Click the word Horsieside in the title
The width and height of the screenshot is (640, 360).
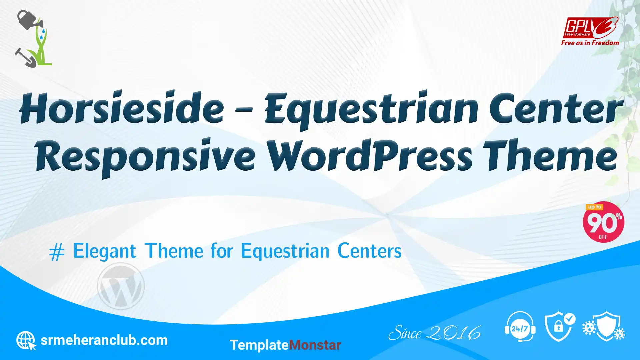pyautogui.click(x=122, y=107)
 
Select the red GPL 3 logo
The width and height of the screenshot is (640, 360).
pyautogui.click(x=591, y=28)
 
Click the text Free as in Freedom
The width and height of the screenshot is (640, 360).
pyautogui.click(x=590, y=43)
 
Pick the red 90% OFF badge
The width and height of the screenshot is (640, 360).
pyautogui.click(x=603, y=222)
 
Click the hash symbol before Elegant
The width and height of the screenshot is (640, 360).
pyautogui.click(x=57, y=252)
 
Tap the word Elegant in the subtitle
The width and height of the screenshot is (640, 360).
pyautogui.click(x=105, y=251)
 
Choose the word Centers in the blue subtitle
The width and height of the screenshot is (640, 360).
pyautogui.click(x=369, y=251)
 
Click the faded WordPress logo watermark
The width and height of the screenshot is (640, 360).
pyautogui.click(x=121, y=286)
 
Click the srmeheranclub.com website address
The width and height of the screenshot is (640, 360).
pyautogui.click(x=104, y=340)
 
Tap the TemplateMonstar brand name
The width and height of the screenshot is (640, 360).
pyautogui.click(x=285, y=345)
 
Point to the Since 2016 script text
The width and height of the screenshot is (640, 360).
pyautogui.click(x=435, y=333)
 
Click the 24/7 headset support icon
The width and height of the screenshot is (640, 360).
pyautogui.click(x=520, y=327)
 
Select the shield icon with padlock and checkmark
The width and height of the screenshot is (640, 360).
pyautogui.click(x=560, y=327)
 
